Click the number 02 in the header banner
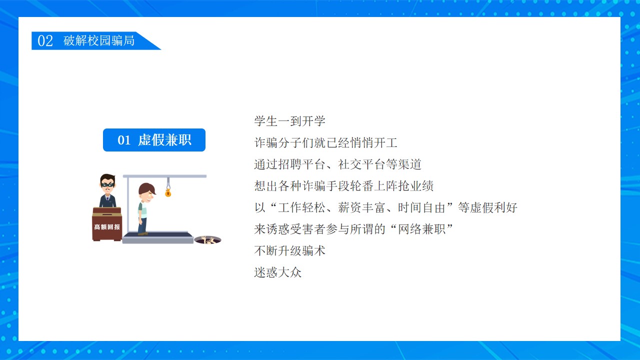tap(45, 40)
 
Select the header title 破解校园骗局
tap(99, 40)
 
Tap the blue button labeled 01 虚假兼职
tap(154, 140)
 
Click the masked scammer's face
tap(107, 184)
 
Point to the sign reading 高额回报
tap(107, 227)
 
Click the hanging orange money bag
tap(168, 193)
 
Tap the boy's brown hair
tap(146, 188)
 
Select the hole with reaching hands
tap(207, 240)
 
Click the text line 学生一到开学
tap(289, 121)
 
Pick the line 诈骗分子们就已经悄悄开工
tap(325, 142)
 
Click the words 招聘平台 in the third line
tap(301, 164)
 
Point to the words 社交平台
tap(361, 164)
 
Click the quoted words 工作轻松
tap(301, 207)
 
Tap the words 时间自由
tap(421, 207)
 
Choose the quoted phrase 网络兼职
tap(421, 229)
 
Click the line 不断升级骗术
tap(289, 251)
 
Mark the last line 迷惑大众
tap(277, 272)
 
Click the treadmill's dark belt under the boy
tap(158, 235)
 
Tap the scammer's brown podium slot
tap(107, 214)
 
